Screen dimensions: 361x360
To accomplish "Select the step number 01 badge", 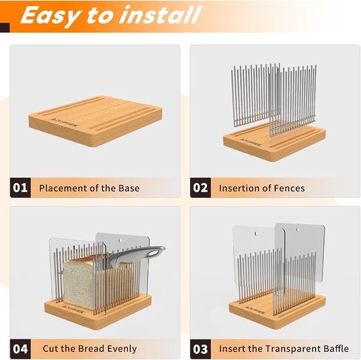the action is pos(20,188).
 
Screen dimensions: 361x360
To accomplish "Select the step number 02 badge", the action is pos(200,188).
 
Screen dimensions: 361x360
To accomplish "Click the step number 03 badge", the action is pos(200,349).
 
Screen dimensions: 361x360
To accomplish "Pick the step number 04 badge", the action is pos(20,349).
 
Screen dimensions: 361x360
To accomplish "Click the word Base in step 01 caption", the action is pos(129,189).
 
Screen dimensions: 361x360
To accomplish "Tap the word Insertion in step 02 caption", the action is pos(239,189).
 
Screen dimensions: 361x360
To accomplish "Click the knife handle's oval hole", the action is pos(154,253).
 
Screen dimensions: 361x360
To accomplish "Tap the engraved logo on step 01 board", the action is pos(64,123).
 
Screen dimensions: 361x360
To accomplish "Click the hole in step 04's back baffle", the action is pos(121,240).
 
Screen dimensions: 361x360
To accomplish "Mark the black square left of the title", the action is pos(5,27).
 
